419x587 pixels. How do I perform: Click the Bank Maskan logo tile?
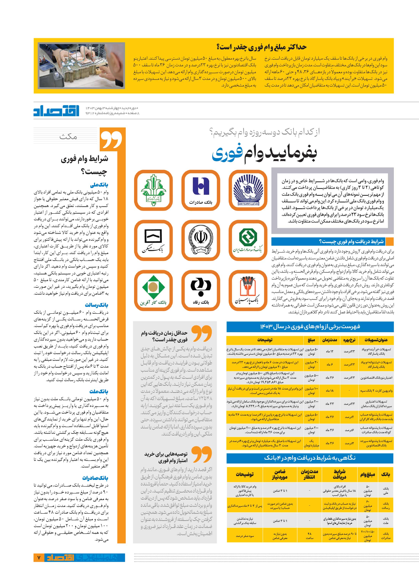tap(154, 240)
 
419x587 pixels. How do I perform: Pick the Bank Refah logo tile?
tap(201, 290)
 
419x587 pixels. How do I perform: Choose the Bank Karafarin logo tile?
tap(154, 290)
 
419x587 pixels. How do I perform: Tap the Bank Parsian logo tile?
tap(248, 290)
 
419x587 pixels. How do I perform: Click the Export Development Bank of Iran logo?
tap(248, 240)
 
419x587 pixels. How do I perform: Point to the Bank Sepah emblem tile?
tap(201, 240)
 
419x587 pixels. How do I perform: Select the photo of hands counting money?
tap(82, 66)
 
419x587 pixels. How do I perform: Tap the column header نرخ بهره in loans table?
tap(349, 340)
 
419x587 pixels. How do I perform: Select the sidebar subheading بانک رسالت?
tap(97, 305)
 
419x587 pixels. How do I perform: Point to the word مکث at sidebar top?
tap(68, 136)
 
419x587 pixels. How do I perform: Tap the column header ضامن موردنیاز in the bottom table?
tap(280, 474)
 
